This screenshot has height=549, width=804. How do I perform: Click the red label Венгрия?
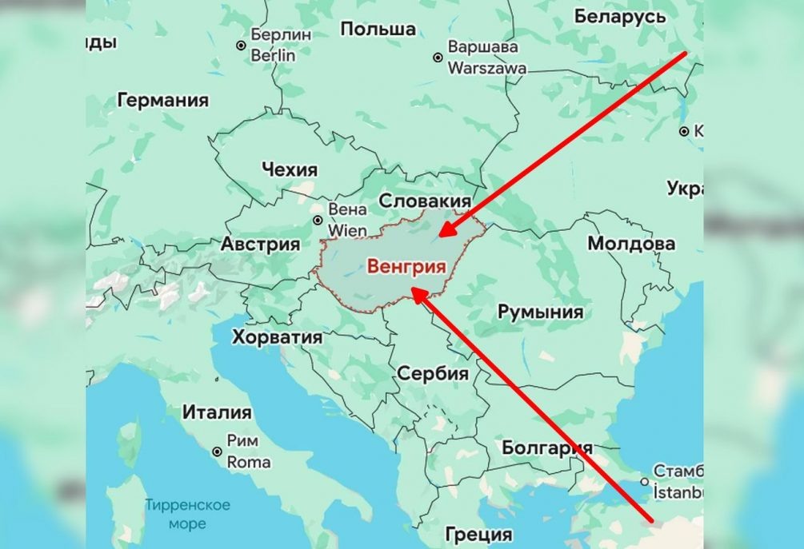406,267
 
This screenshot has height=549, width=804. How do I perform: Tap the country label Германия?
162,101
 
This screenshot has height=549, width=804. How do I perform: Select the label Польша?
378,30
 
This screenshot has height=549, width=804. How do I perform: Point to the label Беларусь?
620,16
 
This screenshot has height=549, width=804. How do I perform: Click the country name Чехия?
289,169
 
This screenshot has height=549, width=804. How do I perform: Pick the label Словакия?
425,200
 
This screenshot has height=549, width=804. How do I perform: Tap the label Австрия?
260,244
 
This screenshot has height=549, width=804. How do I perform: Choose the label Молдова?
631,243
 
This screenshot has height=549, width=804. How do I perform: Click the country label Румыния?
541,312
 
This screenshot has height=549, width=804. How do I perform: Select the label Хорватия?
278,337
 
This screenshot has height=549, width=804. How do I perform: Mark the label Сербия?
432,374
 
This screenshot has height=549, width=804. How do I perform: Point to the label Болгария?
547,448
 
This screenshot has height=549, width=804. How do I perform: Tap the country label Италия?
217,413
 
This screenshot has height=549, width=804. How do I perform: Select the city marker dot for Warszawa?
437,58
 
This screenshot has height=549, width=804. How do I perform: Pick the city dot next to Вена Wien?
318,220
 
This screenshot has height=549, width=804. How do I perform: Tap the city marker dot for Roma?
216,452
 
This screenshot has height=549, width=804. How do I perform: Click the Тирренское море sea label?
187,515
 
